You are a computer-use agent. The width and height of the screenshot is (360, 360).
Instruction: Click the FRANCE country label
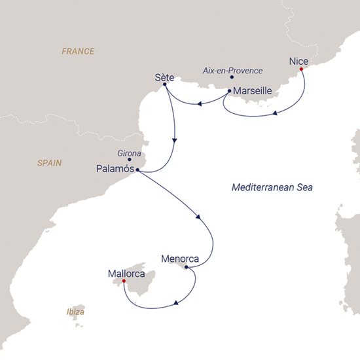coord(78,51)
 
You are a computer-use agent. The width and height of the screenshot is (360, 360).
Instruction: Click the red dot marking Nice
coord(301,69)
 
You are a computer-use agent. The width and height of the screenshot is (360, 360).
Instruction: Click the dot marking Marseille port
coord(229,91)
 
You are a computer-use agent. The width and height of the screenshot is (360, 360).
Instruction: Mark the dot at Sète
coord(164,84)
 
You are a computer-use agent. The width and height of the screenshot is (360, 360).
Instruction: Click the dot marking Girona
coord(130,159)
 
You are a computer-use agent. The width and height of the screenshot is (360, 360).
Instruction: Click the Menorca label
coord(179,258)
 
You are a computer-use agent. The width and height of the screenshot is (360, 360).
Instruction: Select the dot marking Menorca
coord(187,267)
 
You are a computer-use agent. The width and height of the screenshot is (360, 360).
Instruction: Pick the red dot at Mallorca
coord(124,282)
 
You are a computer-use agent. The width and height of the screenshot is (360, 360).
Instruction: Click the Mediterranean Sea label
coord(273,188)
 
